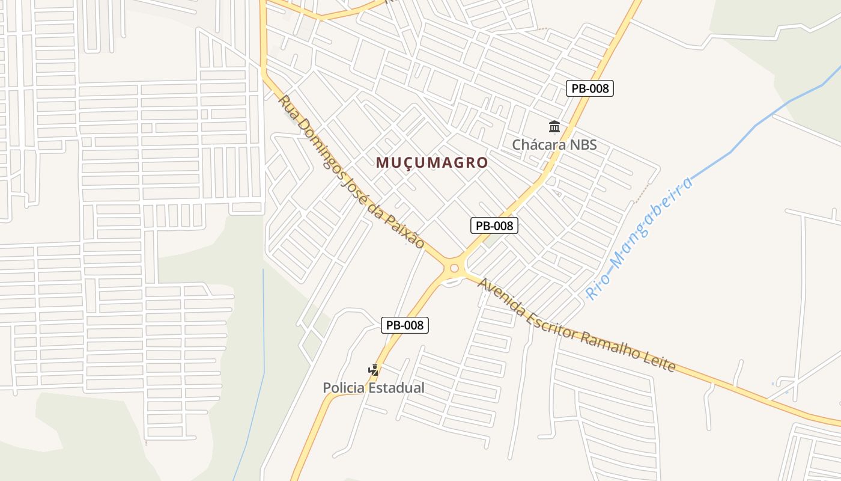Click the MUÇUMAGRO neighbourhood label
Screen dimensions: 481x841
432,162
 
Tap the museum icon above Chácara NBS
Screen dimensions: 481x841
554,127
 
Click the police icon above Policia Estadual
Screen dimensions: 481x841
374,370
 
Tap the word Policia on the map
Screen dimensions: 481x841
344,388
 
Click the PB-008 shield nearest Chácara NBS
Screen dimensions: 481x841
590,88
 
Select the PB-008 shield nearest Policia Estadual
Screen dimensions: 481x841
405,325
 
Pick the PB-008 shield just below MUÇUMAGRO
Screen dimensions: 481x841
494,225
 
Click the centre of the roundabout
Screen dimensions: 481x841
454,268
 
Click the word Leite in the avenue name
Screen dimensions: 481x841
660,360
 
